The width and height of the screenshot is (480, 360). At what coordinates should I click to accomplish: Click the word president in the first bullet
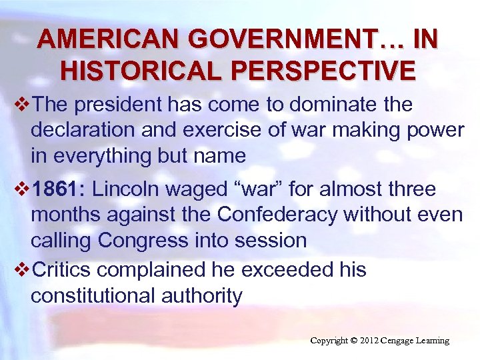pyautogui.click(x=123, y=105)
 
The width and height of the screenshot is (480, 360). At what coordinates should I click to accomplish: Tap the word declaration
pyautogui.click(x=84, y=131)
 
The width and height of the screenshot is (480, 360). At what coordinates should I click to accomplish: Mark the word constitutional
pyautogui.click(x=91, y=295)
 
